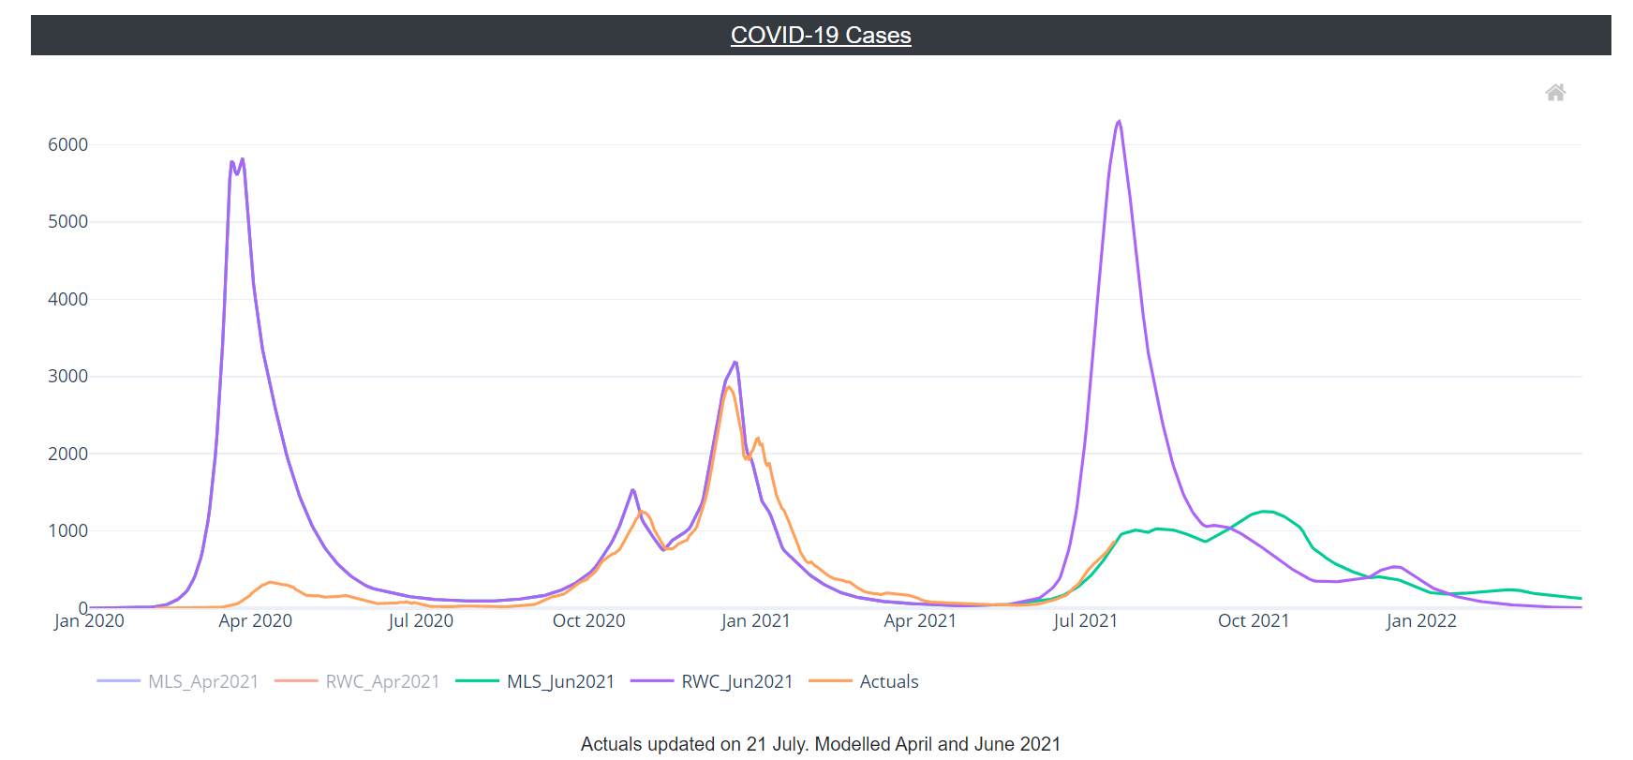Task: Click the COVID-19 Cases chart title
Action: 821,36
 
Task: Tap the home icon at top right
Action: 1555,93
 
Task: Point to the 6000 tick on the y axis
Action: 67,144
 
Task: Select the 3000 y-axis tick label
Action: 67,376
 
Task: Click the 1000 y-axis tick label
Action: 67,530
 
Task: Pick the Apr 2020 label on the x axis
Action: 255,620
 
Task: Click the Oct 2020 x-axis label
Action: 588,620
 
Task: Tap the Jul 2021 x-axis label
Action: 1085,620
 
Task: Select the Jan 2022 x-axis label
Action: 1420,620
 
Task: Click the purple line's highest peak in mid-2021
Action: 1119,121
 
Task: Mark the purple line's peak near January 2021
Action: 735,362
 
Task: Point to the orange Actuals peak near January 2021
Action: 729,387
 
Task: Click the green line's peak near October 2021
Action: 1266,511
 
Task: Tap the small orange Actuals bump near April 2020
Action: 271,582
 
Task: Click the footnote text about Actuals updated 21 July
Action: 820,744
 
